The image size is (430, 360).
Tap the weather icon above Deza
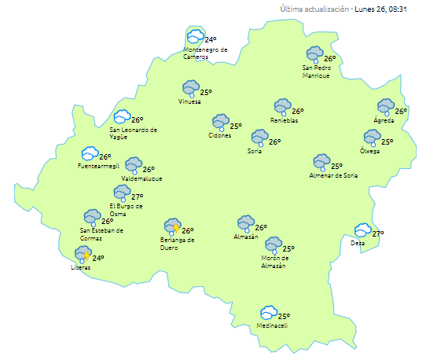362,230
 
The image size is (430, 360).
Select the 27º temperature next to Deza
378,234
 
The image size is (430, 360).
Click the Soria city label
255,150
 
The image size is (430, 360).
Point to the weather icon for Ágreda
385,106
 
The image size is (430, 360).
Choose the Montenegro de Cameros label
205,53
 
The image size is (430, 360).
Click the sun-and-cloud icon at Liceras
83,254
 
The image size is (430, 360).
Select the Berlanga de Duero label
177,244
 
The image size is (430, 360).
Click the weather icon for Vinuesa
190,88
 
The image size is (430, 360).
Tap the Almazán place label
246,237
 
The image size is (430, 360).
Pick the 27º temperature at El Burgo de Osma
137,197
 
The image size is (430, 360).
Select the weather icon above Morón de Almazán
273,244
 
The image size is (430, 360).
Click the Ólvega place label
369,151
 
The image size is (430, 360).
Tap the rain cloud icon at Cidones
219,123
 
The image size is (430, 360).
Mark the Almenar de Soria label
336,175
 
